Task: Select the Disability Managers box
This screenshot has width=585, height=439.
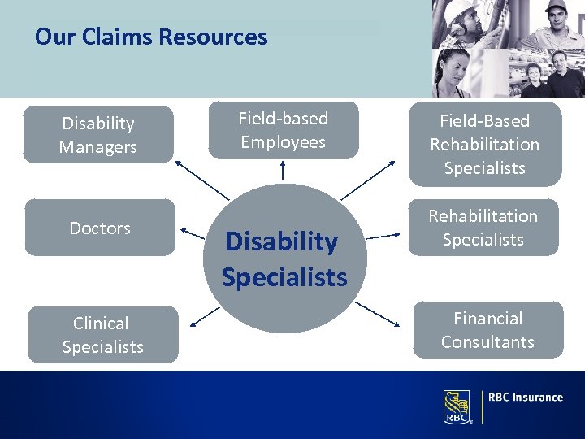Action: click(98, 135)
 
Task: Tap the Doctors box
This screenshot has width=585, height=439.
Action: click(100, 228)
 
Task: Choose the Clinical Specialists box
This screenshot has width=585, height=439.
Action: click(102, 335)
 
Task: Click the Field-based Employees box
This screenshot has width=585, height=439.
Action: click(283, 130)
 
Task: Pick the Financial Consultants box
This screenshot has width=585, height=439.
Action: click(487, 330)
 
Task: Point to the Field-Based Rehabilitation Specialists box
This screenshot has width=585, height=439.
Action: click(484, 145)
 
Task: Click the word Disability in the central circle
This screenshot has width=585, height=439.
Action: click(281, 241)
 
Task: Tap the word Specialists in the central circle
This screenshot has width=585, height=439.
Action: click(284, 277)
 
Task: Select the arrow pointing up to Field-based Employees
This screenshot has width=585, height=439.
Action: click(283, 170)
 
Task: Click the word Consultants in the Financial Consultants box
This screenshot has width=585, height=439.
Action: click(487, 342)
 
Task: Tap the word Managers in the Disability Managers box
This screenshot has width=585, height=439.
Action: click(98, 147)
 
